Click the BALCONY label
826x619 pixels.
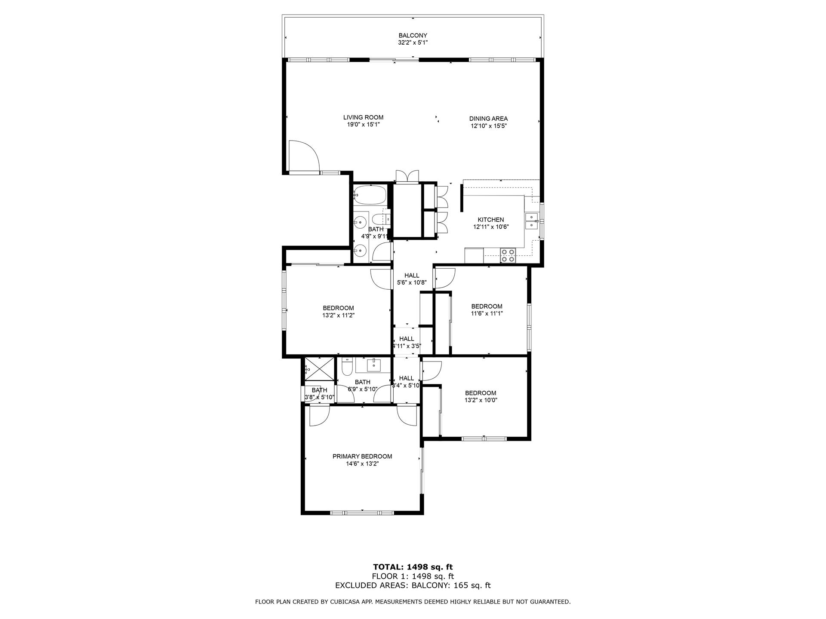pyautogui.click(x=413, y=35)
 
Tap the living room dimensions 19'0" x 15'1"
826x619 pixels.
pyautogui.click(x=363, y=125)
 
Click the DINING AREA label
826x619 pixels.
pyautogui.click(x=488, y=119)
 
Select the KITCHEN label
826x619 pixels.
pyautogui.click(x=490, y=220)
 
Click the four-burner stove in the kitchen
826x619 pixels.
pyautogui.click(x=508, y=255)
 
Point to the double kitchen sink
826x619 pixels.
pyautogui.click(x=532, y=221)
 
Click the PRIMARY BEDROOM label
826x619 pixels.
pyautogui.click(x=362, y=457)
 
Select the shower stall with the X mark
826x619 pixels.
pyautogui.click(x=319, y=369)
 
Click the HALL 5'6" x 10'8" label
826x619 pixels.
pyautogui.click(x=411, y=276)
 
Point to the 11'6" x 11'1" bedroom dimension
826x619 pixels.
pyautogui.click(x=487, y=314)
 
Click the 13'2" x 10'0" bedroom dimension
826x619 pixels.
pyautogui.click(x=481, y=400)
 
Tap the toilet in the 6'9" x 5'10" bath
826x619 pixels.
pyautogui.click(x=347, y=367)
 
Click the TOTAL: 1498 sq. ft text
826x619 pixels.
pyautogui.click(x=413, y=567)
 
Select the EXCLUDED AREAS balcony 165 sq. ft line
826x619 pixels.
pyautogui.click(x=413, y=585)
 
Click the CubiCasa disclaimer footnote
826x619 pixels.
pyautogui.click(x=413, y=602)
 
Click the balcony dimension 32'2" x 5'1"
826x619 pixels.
pyautogui.click(x=413, y=43)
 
